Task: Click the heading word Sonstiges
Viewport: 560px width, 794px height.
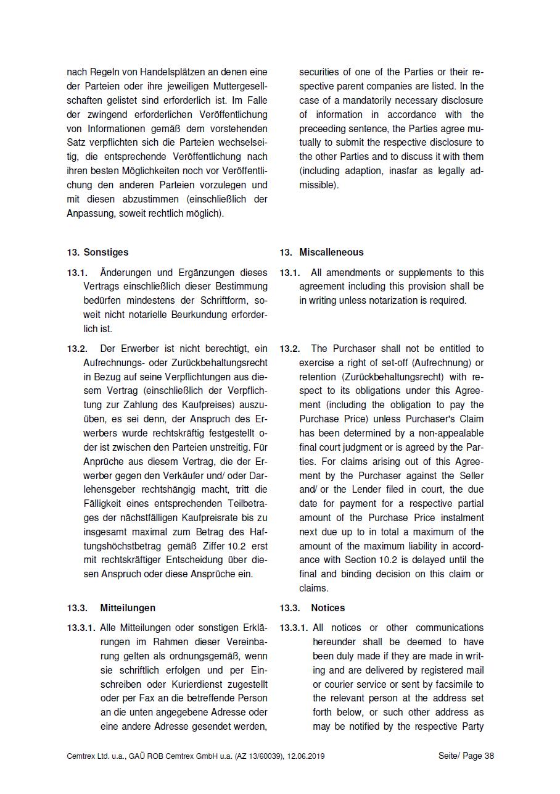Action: click(106, 252)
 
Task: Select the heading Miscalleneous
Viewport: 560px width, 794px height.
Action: click(331, 252)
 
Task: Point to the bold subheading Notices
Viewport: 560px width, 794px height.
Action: click(328, 608)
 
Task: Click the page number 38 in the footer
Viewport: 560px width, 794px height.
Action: click(489, 756)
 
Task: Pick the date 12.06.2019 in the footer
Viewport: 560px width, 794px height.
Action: click(305, 756)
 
